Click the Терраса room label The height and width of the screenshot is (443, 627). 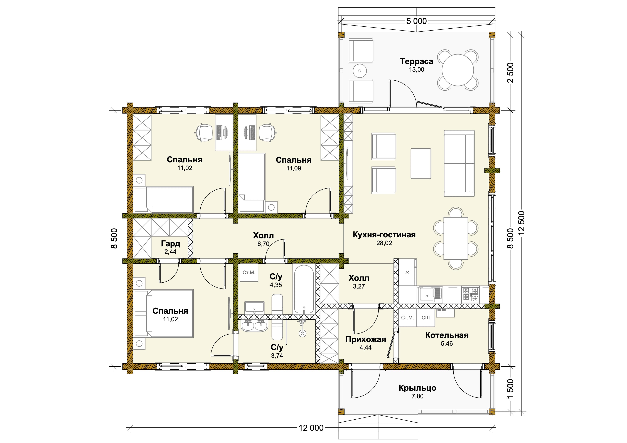(x=416, y=61)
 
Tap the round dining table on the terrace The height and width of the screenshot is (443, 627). (x=458, y=70)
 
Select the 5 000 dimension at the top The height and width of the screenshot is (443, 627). (x=416, y=21)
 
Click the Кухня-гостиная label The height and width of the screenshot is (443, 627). (x=384, y=235)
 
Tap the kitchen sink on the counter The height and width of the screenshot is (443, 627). (x=431, y=295)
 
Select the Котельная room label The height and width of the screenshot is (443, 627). (x=447, y=335)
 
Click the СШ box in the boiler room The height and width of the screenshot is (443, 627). (x=426, y=318)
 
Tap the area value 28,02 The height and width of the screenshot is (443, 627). (x=384, y=243)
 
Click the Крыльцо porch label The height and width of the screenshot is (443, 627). (x=417, y=388)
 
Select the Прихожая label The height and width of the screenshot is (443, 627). (x=366, y=339)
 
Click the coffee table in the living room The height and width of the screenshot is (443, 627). (x=421, y=163)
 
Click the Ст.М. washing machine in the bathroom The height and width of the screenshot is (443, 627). (x=249, y=273)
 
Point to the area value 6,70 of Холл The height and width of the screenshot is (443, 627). (x=263, y=244)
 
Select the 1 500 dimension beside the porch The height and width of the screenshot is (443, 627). (x=510, y=389)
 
